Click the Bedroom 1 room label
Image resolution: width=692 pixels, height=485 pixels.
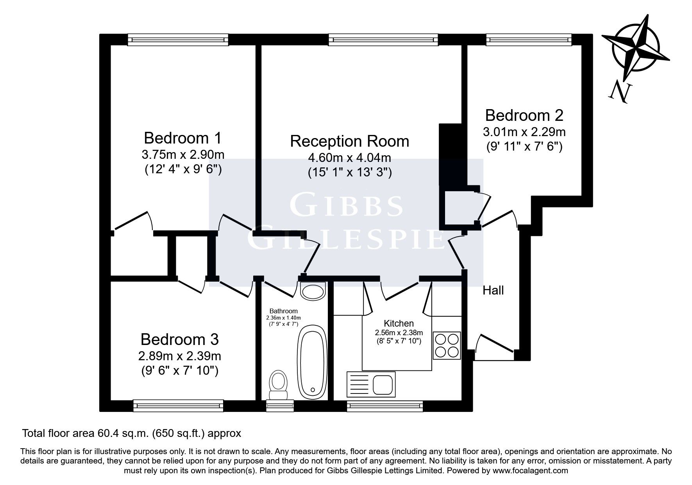coord(182,138)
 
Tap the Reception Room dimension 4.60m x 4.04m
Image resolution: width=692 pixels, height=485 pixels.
coord(349,158)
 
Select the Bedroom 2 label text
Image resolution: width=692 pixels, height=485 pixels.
coord(524,115)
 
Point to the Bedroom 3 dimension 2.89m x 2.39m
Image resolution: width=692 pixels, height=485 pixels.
coord(179,356)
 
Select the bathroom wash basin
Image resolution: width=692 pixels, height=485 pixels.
coord(313,291)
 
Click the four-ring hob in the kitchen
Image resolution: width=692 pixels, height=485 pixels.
coord(447,345)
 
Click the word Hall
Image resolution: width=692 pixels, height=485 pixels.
coord(493,290)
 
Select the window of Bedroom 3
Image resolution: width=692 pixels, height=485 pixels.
coord(178,406)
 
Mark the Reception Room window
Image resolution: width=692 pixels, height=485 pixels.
coord(383,39)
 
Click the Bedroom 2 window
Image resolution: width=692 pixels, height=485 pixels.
coord(529,39)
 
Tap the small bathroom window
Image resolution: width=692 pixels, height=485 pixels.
coord(279,406)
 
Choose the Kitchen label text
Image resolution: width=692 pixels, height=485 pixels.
coord(399,323)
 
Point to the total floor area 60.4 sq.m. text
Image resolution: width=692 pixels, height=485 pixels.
coord(131,433)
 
